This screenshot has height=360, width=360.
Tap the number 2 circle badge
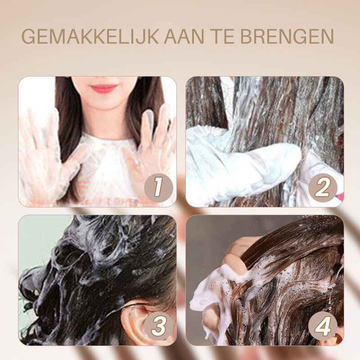pos(322,188)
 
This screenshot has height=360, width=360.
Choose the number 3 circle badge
pos(158,326)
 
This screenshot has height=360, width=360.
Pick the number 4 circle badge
pos(323,326)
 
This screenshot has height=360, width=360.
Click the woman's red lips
pos(104,88)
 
